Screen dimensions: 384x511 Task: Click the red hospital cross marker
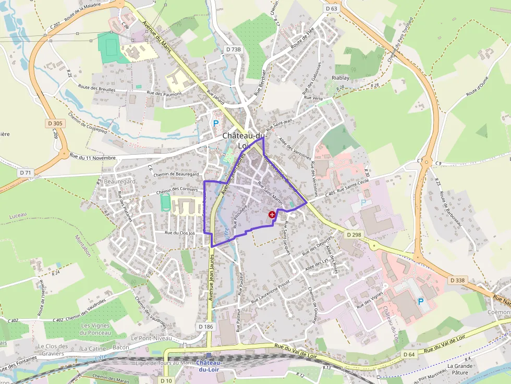tap(272, 214)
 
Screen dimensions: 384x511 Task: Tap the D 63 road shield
tap(331, 8)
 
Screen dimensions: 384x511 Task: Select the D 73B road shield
tap(234, 49)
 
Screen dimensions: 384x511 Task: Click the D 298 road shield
tap(354, 235)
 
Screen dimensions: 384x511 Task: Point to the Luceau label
tap(18, 216)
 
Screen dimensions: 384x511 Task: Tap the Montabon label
tap(83, 245)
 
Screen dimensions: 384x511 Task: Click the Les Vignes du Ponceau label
tap(96, 329)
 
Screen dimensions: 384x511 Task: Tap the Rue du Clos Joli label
tap(179, 233)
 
